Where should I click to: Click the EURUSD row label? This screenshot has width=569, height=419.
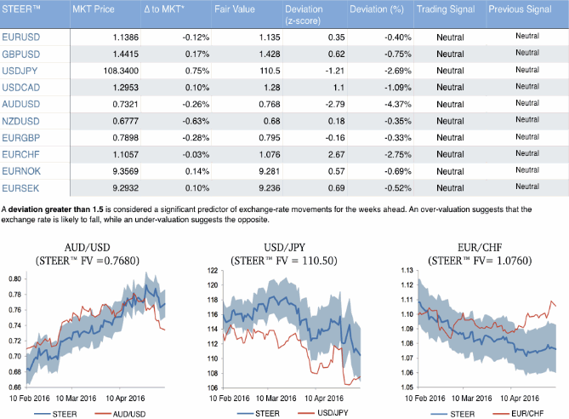(x=24, y=38)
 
